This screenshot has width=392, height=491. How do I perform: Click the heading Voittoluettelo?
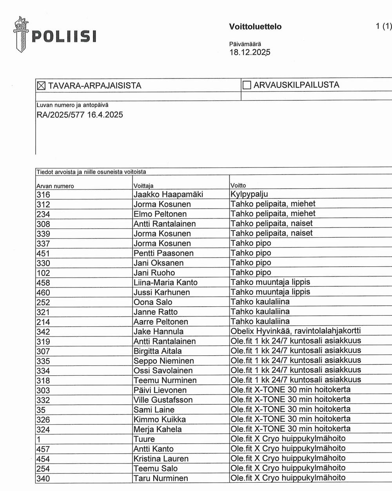coord(255,27)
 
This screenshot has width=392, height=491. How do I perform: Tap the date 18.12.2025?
coord(250,52)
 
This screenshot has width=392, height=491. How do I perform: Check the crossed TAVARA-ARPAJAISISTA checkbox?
coord(41,85)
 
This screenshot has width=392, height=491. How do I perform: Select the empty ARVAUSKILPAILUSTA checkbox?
coord(247,85)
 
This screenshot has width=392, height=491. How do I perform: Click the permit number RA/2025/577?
coord(60,115)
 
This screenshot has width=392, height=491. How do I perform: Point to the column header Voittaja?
coord(143,186)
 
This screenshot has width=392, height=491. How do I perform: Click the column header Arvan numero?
coord(55,186)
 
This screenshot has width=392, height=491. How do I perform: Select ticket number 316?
coord(43,195)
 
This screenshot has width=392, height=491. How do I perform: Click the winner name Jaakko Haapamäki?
coord(168,195)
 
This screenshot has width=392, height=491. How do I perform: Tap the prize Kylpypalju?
coord(249,195)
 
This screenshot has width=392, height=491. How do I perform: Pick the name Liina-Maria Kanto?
coord(165,282)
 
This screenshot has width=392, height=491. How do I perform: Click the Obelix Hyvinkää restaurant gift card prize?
coord(296,331)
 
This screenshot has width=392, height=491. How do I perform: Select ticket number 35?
coord(41,410)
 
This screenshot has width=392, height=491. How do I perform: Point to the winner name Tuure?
coord(144,439)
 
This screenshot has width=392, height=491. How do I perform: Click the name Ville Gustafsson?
coord(163,400)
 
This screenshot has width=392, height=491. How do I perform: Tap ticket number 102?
coord(43,273)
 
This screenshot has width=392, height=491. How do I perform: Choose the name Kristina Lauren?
coord(161,459)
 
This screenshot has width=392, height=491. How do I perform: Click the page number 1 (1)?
coord(383,26)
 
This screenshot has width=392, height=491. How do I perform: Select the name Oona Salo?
coord(153,302)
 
